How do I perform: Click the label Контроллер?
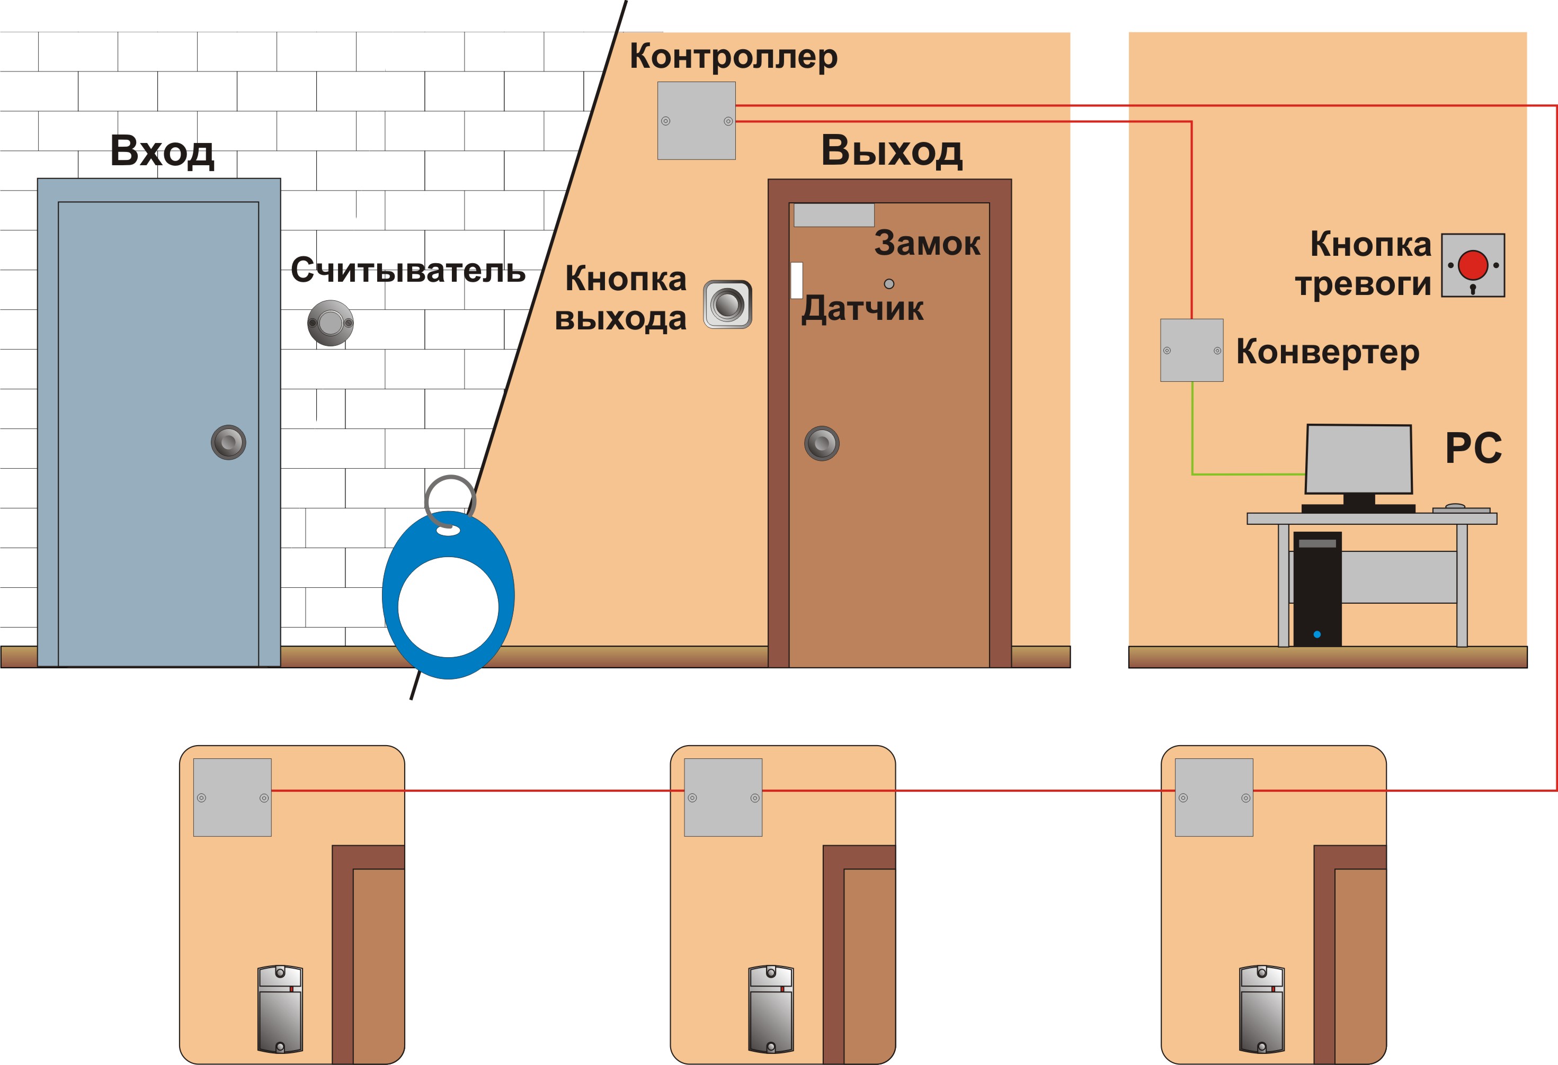tap(733, 56)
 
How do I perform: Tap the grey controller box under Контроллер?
tap(697, 121)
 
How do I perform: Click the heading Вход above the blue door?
tap(162, 151)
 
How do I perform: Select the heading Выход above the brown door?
tap(892, 151)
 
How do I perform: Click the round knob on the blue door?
tap(229, 442)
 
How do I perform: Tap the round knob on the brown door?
tap(822, 443)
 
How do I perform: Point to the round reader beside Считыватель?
tap(331, 323)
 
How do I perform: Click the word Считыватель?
tap(408, 270)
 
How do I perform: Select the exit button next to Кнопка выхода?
tap(727, 305)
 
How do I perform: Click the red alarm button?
tap(1473, 265)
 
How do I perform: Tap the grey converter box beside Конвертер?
tap(1192, 350)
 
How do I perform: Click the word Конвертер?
tap(1328, 352)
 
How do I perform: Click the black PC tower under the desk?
tap(1317, 589)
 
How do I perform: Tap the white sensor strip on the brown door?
tap(796, 280)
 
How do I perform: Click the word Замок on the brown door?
tap(927, 243)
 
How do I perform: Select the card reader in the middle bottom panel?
tap(771, 1009)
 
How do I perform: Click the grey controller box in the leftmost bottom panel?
tap(233, 798)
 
